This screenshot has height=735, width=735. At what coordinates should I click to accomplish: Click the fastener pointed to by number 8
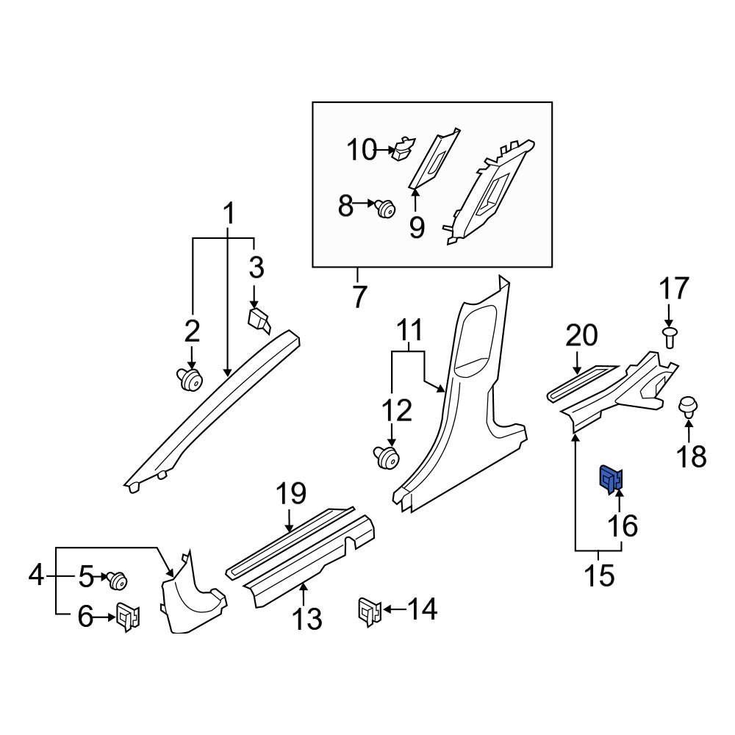[x=384, y=208]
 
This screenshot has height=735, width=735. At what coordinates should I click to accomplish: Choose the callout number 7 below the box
[x=358, y=298]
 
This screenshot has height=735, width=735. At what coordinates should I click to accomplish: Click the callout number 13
[x=306, y=619]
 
